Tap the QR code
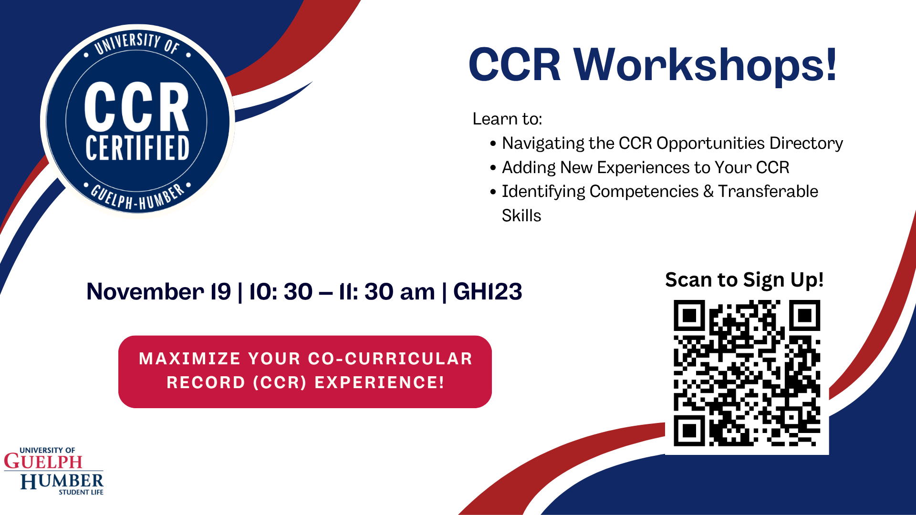[x=747, y=373]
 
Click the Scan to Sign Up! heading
[x=744, y=280]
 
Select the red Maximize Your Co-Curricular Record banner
[x=305, y=371]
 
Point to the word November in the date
[x=145, y=292]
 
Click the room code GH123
[x=488, y=292]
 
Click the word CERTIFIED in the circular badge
[x=137, y=148]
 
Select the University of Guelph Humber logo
[x=53, y=471]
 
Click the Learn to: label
[x=507, y=119]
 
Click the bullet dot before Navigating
[x=493, y=144]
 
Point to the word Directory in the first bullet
[x=806, y=143]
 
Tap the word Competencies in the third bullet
[x=644, y=191]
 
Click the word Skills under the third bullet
[x=521, y=216]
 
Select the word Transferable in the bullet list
[x=768, y=191]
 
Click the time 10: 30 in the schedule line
[x=281, y=292]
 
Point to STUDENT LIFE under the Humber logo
[x=81, y=492]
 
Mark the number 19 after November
[x=221, y=292]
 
